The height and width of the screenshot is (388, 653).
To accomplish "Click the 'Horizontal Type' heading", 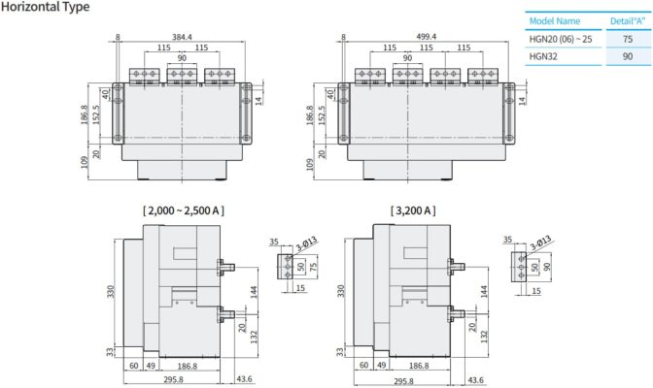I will (46, 8).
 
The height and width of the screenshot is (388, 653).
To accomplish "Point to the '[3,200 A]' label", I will (413, 210).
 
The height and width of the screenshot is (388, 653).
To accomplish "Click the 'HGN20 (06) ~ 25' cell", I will (561, 38).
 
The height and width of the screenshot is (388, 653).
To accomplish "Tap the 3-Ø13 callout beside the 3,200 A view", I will (540, 242).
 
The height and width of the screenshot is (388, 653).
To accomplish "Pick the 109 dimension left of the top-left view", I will (86, 164).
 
